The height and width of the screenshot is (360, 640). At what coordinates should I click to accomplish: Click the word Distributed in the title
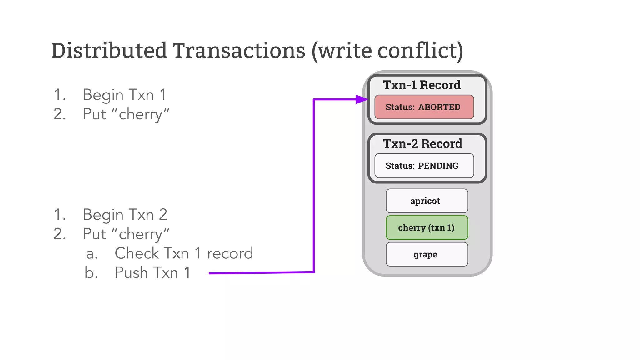pyautogui.click(x=109, y=51)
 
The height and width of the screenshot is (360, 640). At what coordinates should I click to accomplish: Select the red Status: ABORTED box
pyautogui.click(x=424, y=107)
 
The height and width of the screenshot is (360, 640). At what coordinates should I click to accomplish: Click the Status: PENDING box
pyautogui.click(x=424, y=166)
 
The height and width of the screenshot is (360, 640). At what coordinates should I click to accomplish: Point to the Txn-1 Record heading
pyautogui.click(x=422, y=85)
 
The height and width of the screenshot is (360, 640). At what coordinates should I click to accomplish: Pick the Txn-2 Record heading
pyautogui.click(x=422, y=144)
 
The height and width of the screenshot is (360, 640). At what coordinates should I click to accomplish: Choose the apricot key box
pyautogui.click(x=427, y=201)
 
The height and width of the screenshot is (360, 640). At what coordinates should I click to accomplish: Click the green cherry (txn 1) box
pyautogui.click(x=427, y=228)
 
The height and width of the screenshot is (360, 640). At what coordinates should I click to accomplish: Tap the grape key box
pyautogui.click(x=427, y=254)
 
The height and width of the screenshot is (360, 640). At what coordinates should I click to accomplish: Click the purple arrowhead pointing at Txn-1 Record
pyautogui.click(x=362, y=99)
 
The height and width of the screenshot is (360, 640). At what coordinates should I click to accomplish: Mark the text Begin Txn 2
pyautogui.click(x=125, y=215)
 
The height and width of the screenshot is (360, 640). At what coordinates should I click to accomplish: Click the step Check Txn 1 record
pyautogui.click(x=184, y=253)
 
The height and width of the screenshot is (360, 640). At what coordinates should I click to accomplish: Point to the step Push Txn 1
pyautogui.click(x=152, y=272)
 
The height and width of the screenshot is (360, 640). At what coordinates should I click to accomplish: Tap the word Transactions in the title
pyautogui.click(x=239, y=51)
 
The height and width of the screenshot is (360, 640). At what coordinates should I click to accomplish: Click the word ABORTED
pyautogui.click(x=439, y=107)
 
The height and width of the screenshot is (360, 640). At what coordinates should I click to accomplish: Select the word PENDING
pyautogui.click(x=438, y=166)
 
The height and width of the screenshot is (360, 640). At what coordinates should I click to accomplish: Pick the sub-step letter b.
pyautogui.click(x=91, y=272)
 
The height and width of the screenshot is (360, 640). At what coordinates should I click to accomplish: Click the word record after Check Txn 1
pyautogui.click(x=230, y=253)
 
